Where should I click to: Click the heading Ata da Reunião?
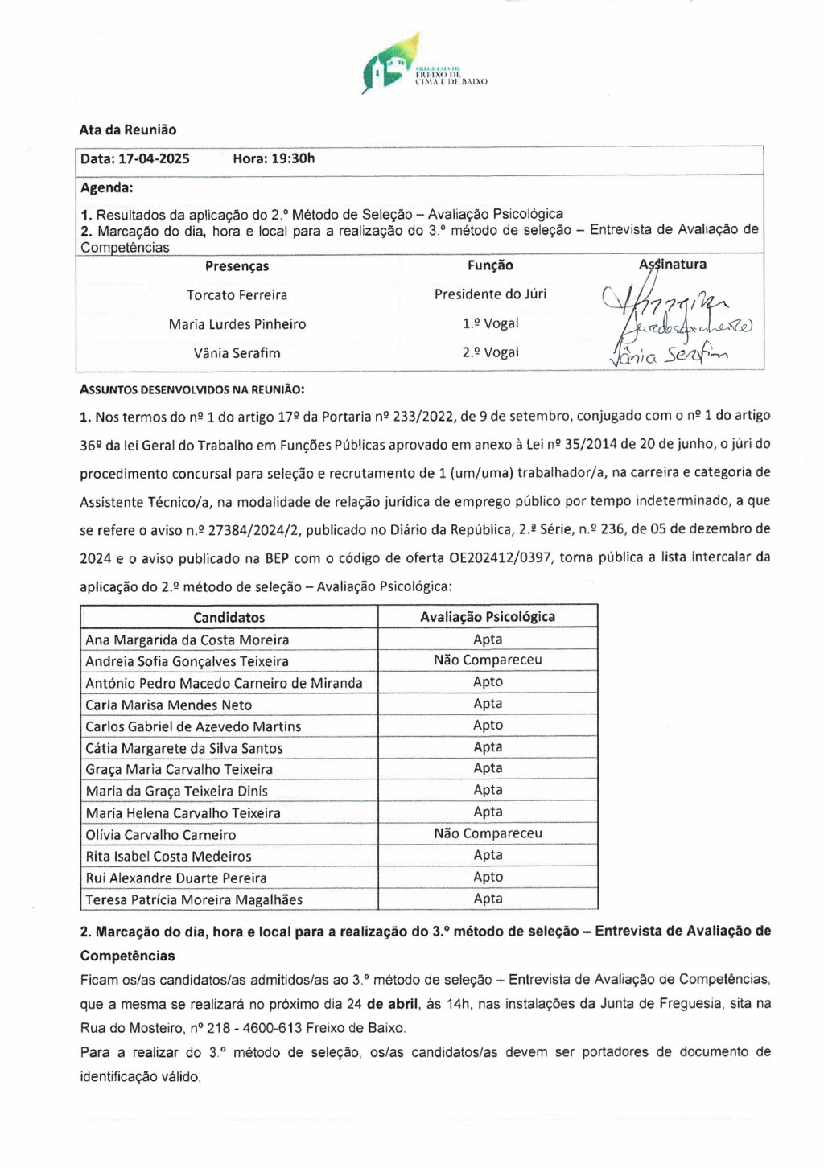pyautogui.click(x=127, y=130)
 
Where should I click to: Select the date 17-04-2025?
pyautogui.click(x=154, y=158)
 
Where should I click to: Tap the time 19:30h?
pyautogui.click(x=293, y=158)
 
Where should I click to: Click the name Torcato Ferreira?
pyautogui.click(x=237, y=295)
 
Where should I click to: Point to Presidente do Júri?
pyautogui.click(x=490, y=294)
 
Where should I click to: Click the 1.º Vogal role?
pyautogui.click(x=490, y=323)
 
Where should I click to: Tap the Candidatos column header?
pyautogui.click(x=229, y=617)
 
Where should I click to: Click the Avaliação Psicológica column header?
pyautogui.click(x=488, y=617)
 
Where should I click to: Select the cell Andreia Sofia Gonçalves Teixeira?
pyautogui.click(x=187, y=661)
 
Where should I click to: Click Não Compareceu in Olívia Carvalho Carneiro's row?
pyautogui.click(x=488, y=833)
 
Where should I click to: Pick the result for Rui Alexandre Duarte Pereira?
pyautogui.click(x=488, y=877)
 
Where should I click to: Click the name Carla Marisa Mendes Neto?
pyautogui.click(x=168, y=705)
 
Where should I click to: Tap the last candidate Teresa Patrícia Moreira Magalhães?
pyautogui.click(x=194, y=899)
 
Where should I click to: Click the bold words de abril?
pyautogui.click(x=393, y=1004)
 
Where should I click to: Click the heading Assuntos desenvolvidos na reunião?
pyautogui.click(x=192, y=389)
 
